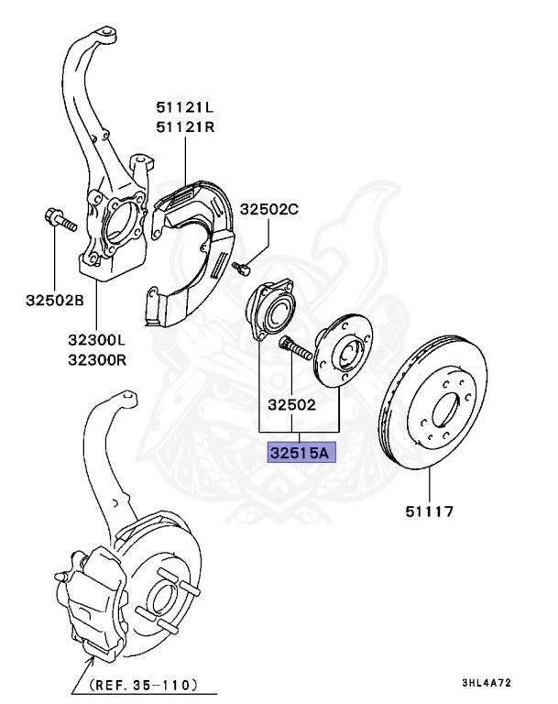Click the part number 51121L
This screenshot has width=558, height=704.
click(x=184, y=108)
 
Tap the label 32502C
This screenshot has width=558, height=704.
click(x=269, y=210)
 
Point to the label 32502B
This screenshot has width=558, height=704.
click(x=54, y=300)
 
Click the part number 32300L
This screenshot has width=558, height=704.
click(x=96, y=340)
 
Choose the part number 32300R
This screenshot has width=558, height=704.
click(x=96, y=359)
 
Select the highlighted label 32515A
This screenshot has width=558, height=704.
click(x=302, y=453)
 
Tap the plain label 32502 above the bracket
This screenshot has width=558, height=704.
click(x=291, y=403)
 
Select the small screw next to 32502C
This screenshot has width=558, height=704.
click(x=241, y=268)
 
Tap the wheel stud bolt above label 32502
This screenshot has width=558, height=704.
click(x=293, y=348)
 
